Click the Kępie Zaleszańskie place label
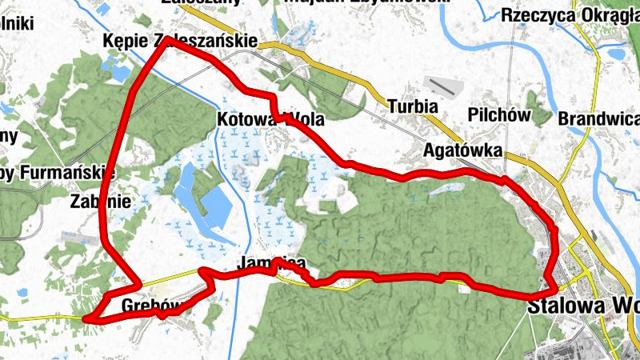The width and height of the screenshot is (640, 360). tap(180, 41)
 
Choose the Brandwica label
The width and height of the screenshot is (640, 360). tap(600, 119)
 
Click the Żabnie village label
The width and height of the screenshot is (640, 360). tap(100, 200)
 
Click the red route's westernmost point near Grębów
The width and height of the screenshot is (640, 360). tap(84, 318)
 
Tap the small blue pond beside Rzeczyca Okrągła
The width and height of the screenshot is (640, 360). tap(617, 54)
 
